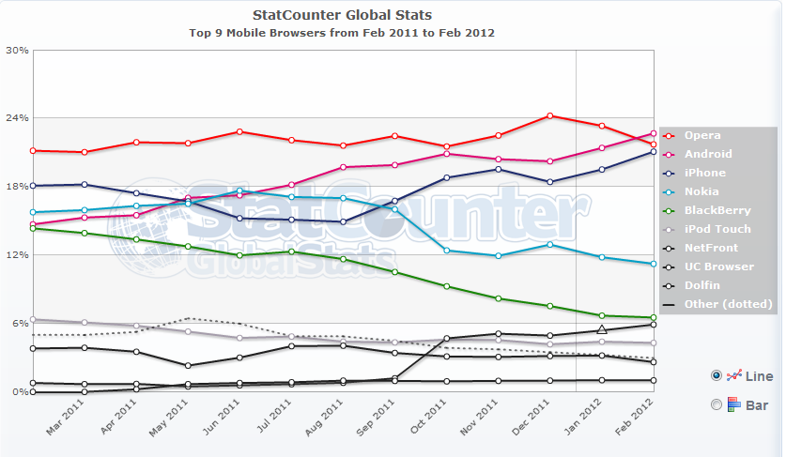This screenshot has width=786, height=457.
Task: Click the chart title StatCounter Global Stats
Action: (343, 15)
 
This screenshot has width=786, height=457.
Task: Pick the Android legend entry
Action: (707, 154)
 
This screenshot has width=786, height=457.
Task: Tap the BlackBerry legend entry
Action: (717, 210)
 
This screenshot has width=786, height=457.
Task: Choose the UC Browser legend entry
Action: (718, 267)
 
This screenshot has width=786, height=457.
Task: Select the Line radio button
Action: (717, 375)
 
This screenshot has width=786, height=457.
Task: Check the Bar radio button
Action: (717, 404)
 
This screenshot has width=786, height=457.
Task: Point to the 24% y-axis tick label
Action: (16, 118)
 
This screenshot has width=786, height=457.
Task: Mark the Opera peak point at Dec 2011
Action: (550, 116)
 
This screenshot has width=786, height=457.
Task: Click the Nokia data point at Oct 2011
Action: (447, 251)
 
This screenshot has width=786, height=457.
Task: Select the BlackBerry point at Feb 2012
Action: (654, 317)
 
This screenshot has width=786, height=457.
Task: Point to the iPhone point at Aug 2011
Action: (344, 222)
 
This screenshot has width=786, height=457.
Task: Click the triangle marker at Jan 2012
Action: (602, 329)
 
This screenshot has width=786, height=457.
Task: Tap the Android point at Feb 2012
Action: (654, 133)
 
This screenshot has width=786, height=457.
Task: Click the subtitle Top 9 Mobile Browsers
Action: (342, 32)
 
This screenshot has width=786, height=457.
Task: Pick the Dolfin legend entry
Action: (702, 285)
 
